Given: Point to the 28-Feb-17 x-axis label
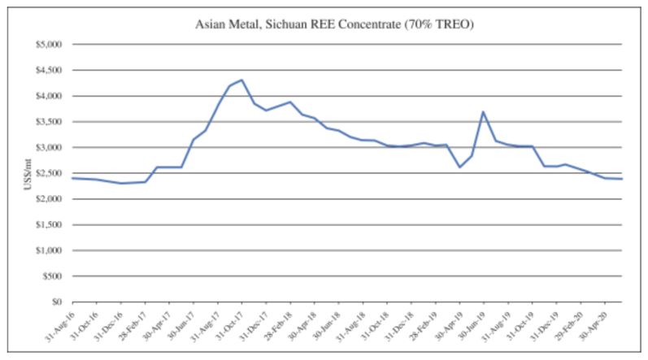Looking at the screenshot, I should pyautogui.click(x=130, y=325).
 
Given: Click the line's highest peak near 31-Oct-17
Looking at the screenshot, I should pyautogui.click(x=241, y=80).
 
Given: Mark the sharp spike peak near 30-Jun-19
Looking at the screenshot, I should pyautogui.click(x=484, y=112).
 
